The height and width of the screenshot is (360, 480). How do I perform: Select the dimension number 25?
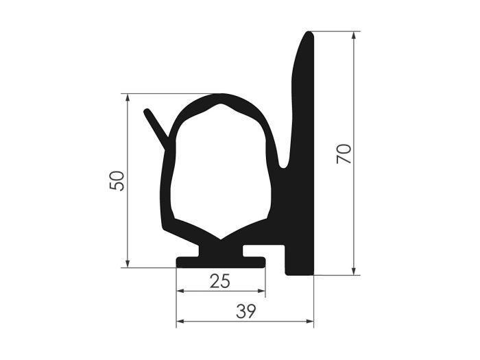click(220, 280)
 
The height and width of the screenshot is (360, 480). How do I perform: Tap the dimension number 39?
click(245, 311)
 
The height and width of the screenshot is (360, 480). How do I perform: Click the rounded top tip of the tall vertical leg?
click(309, 36)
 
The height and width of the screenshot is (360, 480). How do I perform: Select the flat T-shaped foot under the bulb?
click(221, 261)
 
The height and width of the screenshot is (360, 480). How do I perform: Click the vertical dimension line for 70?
click(354, 206)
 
